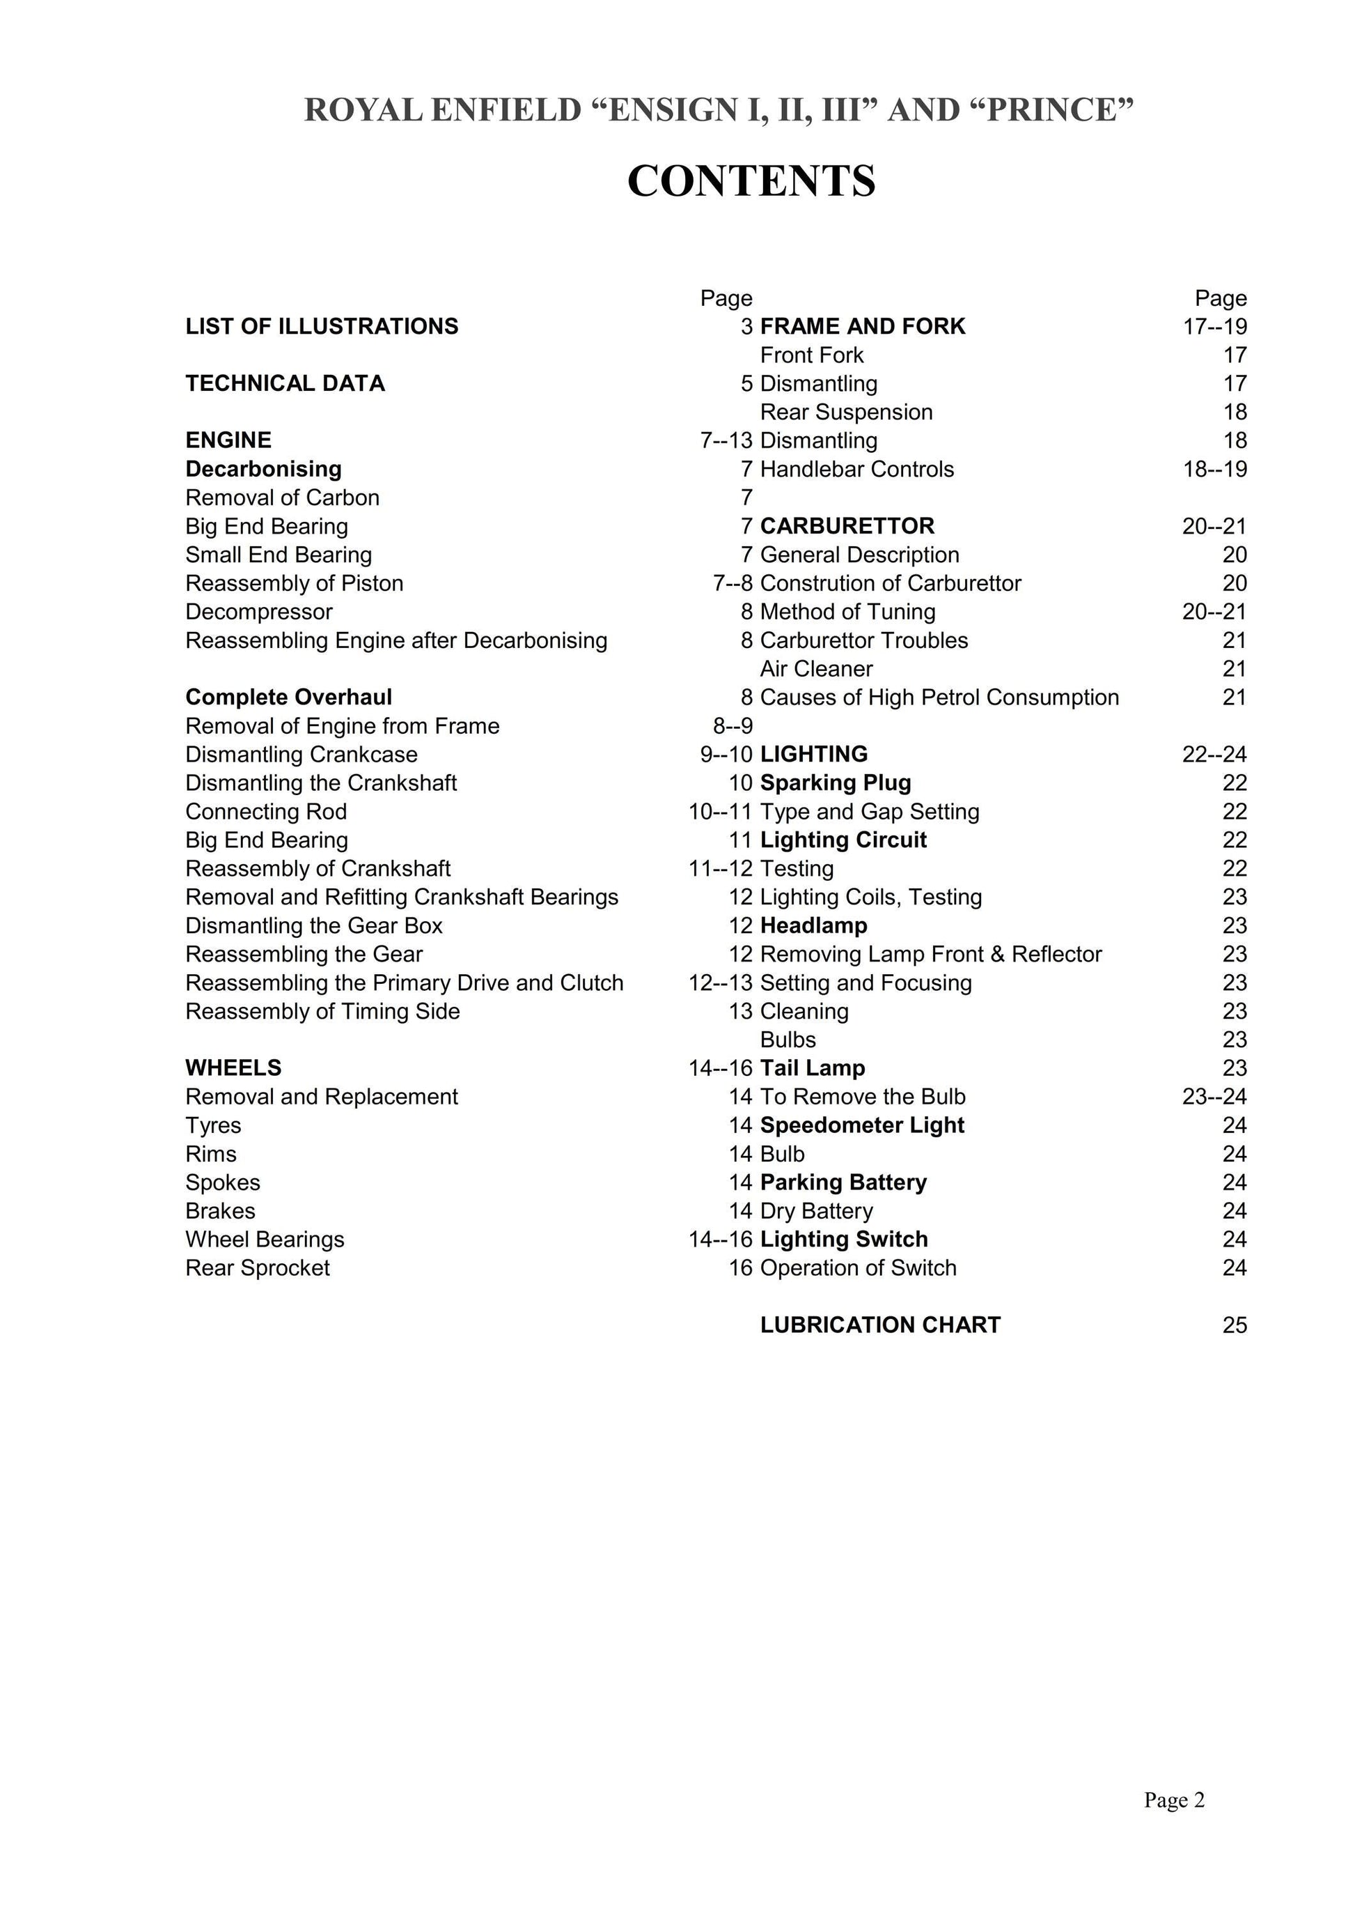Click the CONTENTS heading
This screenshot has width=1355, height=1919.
(751, 180)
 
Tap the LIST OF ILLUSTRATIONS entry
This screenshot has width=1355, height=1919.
(322, 326)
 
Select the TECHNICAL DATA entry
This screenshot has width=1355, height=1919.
(285, 384)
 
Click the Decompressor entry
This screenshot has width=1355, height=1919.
(259, 612)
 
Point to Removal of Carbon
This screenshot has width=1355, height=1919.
(283, 498)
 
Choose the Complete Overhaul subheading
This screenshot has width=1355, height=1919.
(288, 697)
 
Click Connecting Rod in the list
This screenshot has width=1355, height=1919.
(266, 812)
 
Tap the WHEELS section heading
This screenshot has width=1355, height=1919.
(233, 1068)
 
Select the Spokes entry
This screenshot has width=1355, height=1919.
(223, 1182)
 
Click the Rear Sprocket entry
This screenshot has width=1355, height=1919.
(258, 1268)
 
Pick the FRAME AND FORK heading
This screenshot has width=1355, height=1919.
(862, 326)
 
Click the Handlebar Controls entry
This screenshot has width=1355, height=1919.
(856, 469)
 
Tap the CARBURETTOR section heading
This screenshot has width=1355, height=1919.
(847, 527)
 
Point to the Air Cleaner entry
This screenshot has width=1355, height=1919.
(816, 669)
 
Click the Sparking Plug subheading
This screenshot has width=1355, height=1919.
(836, 783)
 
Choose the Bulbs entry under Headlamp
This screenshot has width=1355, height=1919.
(788, 1040)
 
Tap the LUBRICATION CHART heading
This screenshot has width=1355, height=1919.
(879, 1325)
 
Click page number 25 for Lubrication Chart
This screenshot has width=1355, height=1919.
(1234, 1325)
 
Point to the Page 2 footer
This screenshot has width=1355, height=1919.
(1174, 1823)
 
